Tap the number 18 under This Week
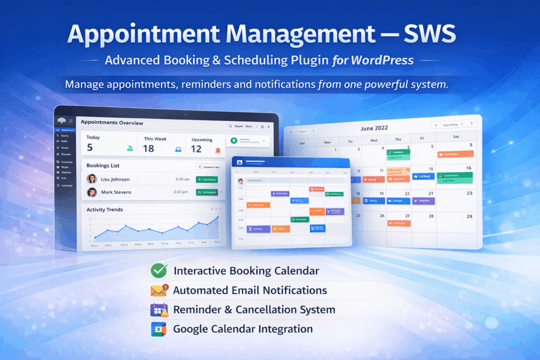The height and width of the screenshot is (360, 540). (x=149, y=149)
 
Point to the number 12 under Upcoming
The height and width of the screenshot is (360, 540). (x=196, y=149)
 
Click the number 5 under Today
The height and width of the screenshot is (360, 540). (x=90, y=148)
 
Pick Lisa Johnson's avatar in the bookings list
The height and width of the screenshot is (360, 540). (x=92, y=179)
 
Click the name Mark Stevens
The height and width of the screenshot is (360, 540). (x=116, y=192)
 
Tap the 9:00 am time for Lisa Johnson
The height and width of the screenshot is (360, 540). (x=182, y=180)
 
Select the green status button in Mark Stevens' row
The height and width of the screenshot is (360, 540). (x=207, y=192)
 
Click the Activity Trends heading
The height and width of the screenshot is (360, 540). (x=105, y=210)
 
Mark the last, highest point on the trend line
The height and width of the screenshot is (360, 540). (x=217, y=217)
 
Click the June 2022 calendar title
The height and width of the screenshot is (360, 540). (x=374, y=128)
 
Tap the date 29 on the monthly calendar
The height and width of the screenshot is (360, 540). (x=469, y=217)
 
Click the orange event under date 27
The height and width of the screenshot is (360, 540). (x=399, y=223)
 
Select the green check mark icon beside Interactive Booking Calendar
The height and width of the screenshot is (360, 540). (x=158, y=271)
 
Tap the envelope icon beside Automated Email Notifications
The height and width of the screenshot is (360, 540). (x=158, y=290)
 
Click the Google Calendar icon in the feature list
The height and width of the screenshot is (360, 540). (x=158, y=329)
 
